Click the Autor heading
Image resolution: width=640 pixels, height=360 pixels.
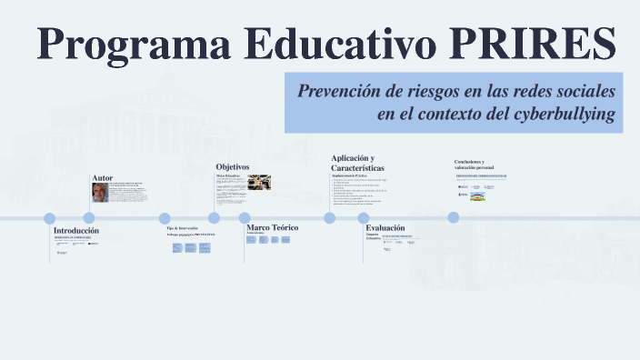coord(102,178)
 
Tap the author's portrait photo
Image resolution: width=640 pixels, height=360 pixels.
coord(100,192)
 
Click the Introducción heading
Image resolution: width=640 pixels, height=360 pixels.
coord(76,231)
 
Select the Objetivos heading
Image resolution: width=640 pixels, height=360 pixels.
coord(232,166)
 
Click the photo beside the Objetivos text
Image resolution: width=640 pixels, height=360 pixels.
coord(259,183)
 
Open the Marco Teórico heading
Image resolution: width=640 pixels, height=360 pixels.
coord(273,226)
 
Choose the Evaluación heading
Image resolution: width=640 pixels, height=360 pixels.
coord(385,228)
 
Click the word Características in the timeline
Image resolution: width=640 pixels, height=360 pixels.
coord(357,169)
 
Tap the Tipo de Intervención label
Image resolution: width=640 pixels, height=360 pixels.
coord(182,227)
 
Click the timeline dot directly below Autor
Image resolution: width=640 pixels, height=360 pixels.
coord(89,218)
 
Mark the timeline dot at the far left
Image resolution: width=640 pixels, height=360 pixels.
coord(49,218)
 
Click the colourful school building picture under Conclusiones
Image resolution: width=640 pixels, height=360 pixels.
coord(489,195)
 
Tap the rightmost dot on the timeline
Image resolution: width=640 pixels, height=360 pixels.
coord(454,217)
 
